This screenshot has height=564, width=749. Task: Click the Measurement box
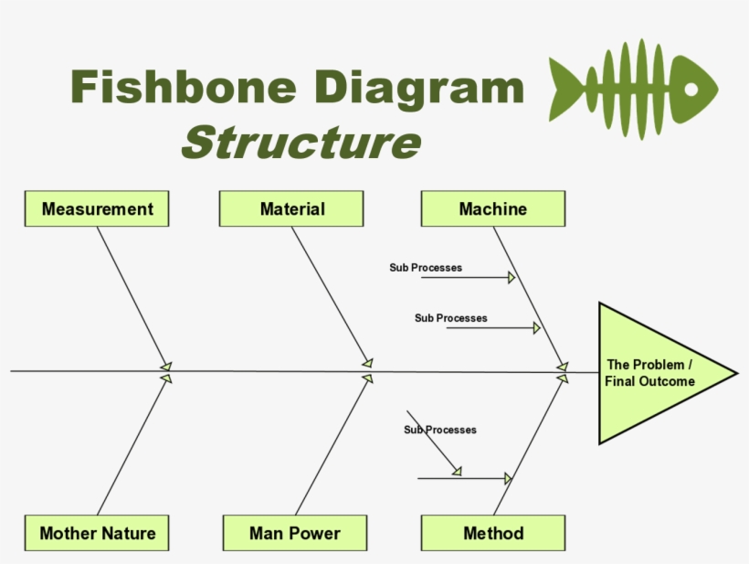[x=97, y=209]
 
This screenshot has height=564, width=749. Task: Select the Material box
[x=291, y=209]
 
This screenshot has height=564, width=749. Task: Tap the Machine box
[x=492, y=209]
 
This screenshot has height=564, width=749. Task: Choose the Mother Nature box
[x=97, y=533]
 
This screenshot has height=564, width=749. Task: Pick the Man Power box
[x=294, y=533]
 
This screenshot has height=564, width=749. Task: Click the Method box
[x=492, y=533]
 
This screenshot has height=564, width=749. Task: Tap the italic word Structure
[x=301, y=143]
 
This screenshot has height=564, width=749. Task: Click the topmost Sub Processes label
[x=426, y=268]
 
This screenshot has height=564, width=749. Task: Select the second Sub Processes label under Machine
[x=450, y=318]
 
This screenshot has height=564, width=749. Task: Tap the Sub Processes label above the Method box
[x=440, y=430]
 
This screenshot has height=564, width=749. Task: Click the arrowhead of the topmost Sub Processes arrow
[x=512, y=277]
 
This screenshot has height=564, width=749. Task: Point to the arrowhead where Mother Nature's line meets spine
[x=166, y=377]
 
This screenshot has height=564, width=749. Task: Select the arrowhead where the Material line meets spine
[x=367, y=363]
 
